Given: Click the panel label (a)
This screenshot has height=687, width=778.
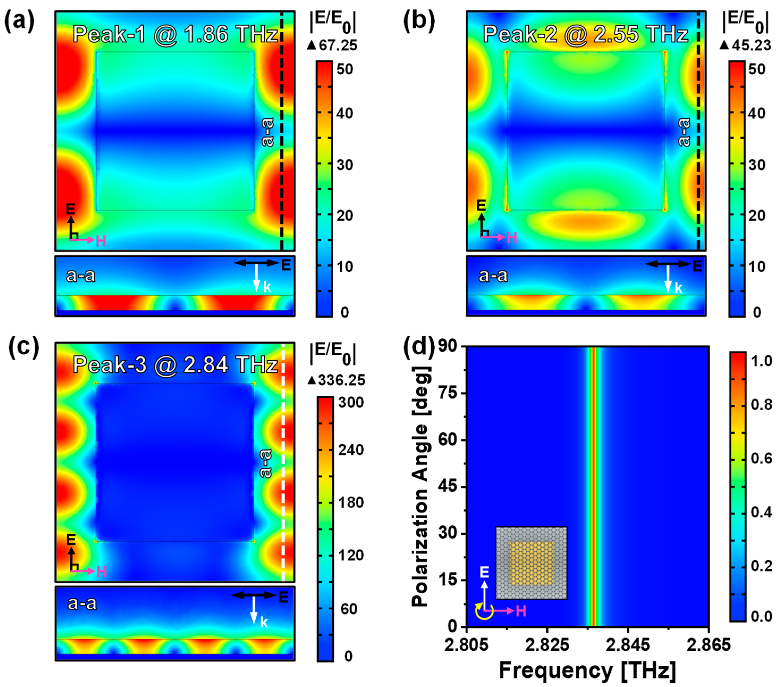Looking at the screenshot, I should [x=19, y=21].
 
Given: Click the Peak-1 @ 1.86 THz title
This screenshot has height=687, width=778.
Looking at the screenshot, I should [x=175, y=34].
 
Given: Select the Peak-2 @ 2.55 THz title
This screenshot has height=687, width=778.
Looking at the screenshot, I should [x=585, y=34].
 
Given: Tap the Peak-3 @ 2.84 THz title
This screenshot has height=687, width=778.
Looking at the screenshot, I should [x=175, y=365].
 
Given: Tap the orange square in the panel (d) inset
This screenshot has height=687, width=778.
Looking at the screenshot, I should [x=531, y=563].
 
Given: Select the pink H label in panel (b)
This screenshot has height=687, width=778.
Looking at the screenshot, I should [x=512, y=238].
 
